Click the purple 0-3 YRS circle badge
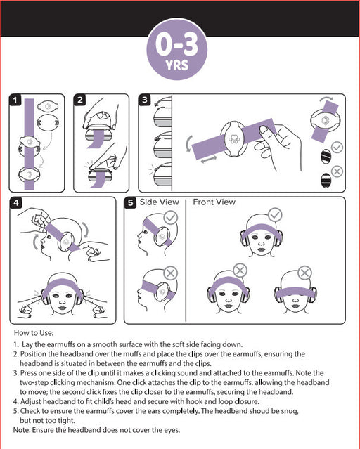click(x=177, y=49)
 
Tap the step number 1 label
click(x=15, y=100)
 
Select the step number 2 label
click(x=80, y=100)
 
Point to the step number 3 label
click(x=145, y=100)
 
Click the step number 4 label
click(x=16, y=203)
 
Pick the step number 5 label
click(x=131, y=203)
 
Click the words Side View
click(x=160, y=202)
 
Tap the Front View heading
click(x=214, y=202)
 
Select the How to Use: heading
click(x=34, y=333)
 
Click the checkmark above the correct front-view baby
click(x=275, y=215)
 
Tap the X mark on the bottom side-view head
click(x=171, y=273)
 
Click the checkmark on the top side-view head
click(x=171, y=218)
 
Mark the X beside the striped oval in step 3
click(x=337, y=171)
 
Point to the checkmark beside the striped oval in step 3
click(x=337, y=148)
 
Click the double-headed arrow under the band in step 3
click(x=209, y=160)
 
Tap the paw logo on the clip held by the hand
click(x=234, y=139)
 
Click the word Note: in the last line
click(x=22, y=430)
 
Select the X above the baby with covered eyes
click(x=304, y=273)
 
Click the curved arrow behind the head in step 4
click(x=86, y=230)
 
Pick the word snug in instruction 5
click(x=290, y=412)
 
